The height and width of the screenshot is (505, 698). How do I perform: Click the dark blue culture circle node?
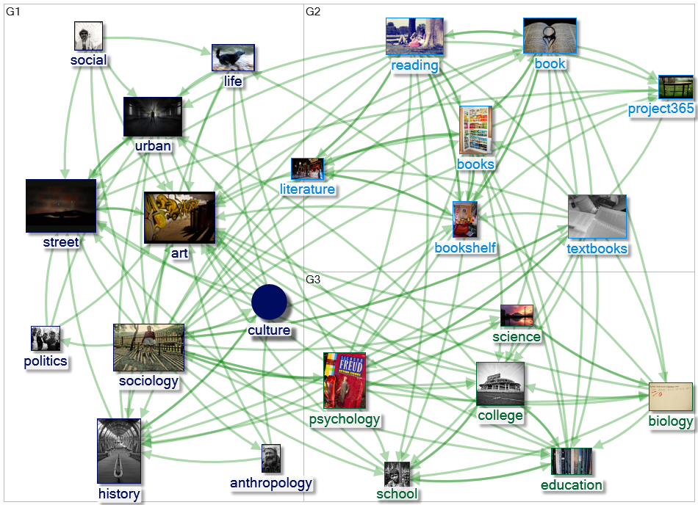[269, 302]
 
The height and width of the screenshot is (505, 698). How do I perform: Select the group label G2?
[313, 12]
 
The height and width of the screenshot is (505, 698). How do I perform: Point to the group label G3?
[313, 280]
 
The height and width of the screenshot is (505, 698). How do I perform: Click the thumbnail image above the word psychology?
[345, 380]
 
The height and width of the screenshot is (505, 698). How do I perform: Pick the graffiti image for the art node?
[179, 218]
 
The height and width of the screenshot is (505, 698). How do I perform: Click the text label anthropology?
[271, 483]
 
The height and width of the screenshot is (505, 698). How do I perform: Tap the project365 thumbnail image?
[675, 87]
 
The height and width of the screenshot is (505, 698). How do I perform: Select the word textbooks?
[597, 248]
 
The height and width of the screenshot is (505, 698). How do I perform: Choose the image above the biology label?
[670, 397]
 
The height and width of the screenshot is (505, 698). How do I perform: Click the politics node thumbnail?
[46, 338]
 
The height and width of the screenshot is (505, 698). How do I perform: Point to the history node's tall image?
[119, 451]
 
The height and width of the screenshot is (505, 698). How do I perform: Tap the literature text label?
[307, 189]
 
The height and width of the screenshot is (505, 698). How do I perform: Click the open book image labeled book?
[550, 36]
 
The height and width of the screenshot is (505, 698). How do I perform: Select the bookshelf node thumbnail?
[465, 219]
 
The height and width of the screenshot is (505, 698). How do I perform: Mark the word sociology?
[148, 381]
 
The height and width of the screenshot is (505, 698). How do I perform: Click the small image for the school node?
[397, 473]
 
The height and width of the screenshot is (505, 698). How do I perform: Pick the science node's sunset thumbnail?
[517, 316]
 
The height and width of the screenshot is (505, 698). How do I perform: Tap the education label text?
[571, 484]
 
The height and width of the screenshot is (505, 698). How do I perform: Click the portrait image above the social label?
[88, 36]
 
